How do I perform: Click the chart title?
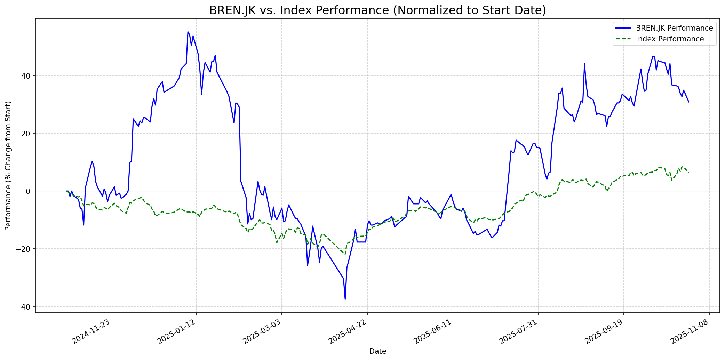click(x=377, y=10)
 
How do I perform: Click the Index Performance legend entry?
click(x=670, y=39)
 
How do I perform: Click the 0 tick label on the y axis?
click(x=30, y=191)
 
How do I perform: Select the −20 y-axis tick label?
click(x=26, y=249)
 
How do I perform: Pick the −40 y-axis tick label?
click(x=26, y=307)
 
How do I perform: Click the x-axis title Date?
click(x=377, y=351)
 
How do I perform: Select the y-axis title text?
click(x=8, y=166)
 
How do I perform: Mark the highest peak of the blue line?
click(x=188, y=32)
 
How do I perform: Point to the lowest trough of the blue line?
click(x=345, y=299)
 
